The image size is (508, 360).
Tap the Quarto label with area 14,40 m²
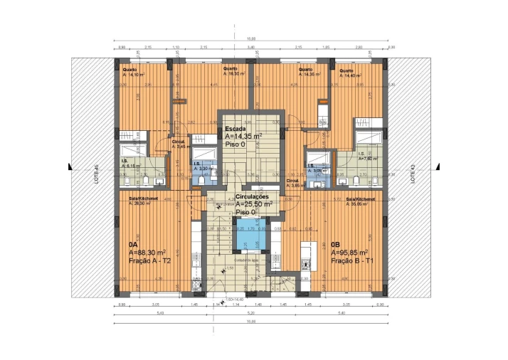[350, 73]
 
